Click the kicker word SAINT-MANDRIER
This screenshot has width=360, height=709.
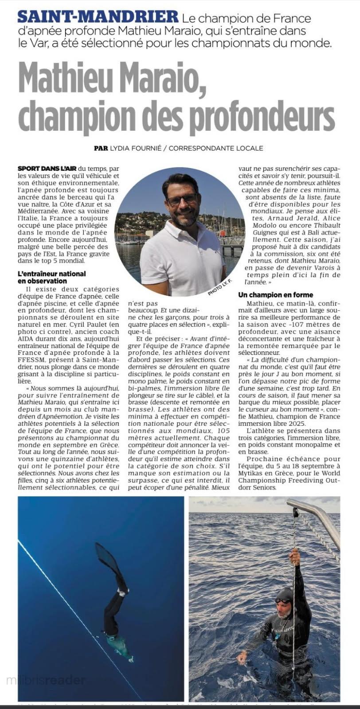click(x=98, y=18)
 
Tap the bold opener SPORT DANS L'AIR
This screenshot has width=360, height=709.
click(x=47, y=168)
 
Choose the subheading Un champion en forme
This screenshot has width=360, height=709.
click(x=275, y=294)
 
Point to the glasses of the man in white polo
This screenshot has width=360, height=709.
click(x=182, y=199)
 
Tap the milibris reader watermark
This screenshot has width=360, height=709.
click(x=44, y=680)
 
